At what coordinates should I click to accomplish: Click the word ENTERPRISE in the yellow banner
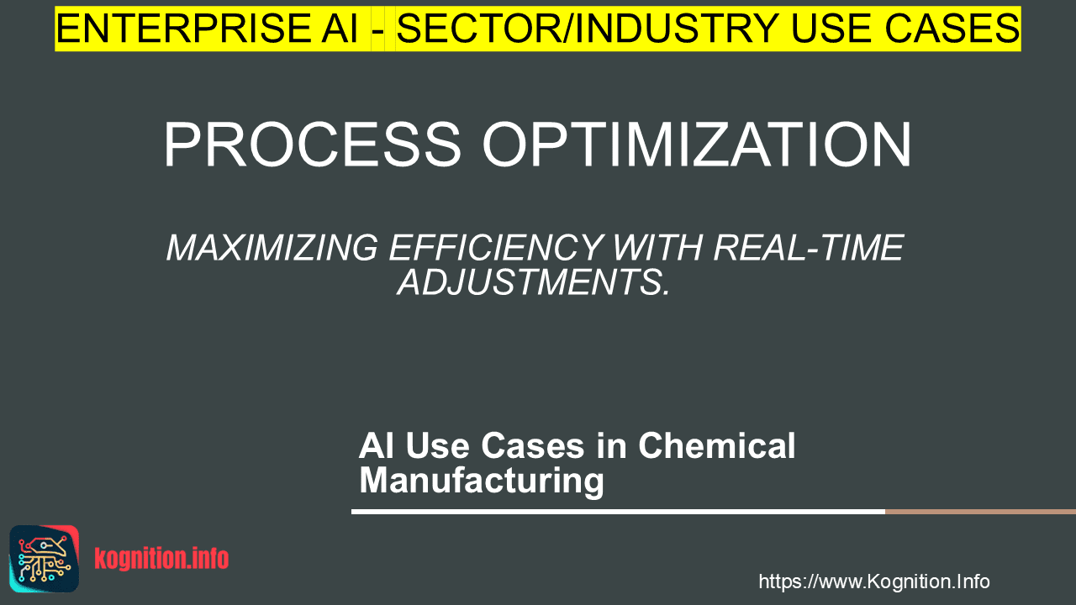tap(183, 29)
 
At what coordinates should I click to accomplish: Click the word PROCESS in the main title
tap(313, 144)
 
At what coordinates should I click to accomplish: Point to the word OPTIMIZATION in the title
tap(697, 144)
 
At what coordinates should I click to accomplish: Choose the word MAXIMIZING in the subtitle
tap(272, 248)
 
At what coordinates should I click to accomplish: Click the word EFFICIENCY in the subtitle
tap(496, 248)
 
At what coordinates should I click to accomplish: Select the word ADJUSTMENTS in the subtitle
tap(533, 282)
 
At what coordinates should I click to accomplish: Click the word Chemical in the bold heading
tap(717, 445)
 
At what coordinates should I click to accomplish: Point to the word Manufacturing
tap(482, 481)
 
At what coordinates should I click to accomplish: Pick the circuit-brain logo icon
tap(45, 559)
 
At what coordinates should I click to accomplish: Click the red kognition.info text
tap(161, 559)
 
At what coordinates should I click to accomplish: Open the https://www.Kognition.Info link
tap(874, 581)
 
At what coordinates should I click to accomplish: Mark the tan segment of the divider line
tap(980, 512)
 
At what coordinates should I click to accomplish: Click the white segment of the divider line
tap(618, 512)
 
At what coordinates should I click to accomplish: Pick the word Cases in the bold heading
tap(533, 445)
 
